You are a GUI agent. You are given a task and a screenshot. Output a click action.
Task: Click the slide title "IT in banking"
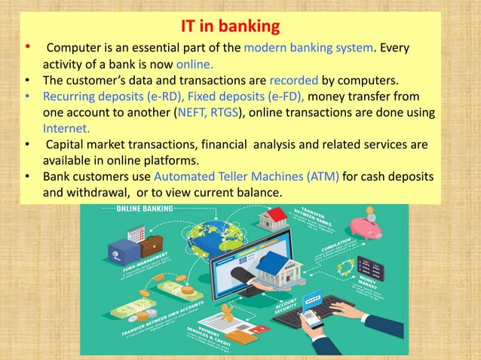point(231,28)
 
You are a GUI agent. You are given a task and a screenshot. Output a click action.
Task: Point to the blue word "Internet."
point(66,128)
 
